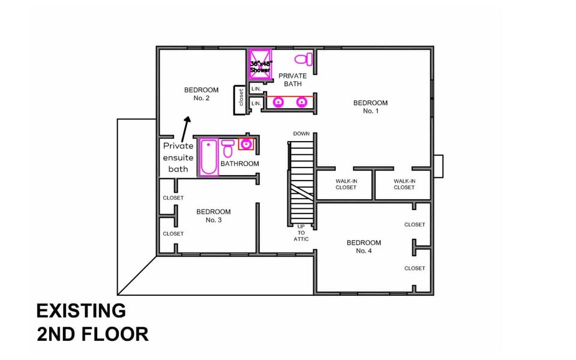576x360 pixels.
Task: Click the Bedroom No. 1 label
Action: pyautogui.click(x=370, y=107)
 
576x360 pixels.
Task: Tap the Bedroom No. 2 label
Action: pyautogui.click(x=202, y=94)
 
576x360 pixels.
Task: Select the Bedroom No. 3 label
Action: pyautogui.click(x=214, y=216)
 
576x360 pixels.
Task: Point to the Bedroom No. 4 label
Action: pyautogui.click(x=364, y=247)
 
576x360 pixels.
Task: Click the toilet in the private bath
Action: pyautogui.click(x=304, y=59)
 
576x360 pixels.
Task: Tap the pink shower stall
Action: pyautogui.click(x=260, y=64)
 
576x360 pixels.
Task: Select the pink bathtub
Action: pyautogui.click(x=209, y=157)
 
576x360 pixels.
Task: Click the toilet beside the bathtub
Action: pyautogui.click(x=228, y=148)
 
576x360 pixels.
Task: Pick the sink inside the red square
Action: pyautogui.click(x=246, y=143)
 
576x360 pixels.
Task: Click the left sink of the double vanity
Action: pyautogui.click(x=278, y=102)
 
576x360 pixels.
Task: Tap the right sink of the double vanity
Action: pyautogui.click(x=302, y=102)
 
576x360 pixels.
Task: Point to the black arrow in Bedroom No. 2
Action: pyautogui.click(x=185, y=130)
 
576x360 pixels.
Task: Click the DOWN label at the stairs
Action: pyautogui.click(x=301, y=134)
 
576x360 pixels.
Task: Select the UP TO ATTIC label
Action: pyautogui.click(x=301, y=233)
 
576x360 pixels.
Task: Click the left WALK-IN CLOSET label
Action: pyautogui.click(x=346, y=184)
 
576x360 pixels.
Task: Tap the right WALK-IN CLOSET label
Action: pyautogui.click(x=404, y=184)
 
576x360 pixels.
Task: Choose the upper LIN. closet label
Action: pyautogui.click(x=256, y=89)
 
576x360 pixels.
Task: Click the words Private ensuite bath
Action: pyautogui.click(x=178, y=158)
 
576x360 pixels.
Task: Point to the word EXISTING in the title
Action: pyautogui.click(x=81, y=311)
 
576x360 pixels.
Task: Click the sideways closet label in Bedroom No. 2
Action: pyautogui.click(x=241, y=97)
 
